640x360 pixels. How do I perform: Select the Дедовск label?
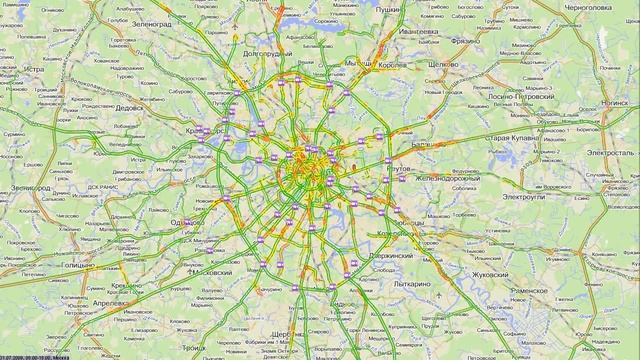point(130,107)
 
